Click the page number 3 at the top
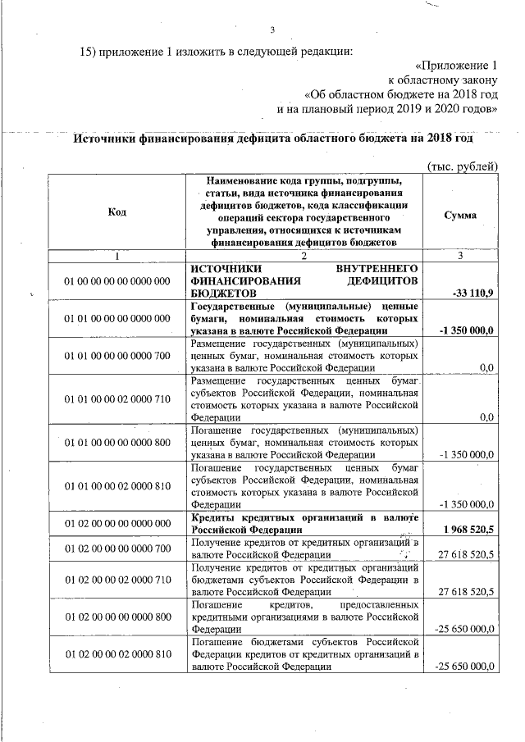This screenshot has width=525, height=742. coord(272,32)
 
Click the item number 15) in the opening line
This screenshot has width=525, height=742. coord(89,52)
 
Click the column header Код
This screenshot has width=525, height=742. coord(116,212)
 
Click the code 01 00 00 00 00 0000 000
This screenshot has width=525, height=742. coord(116,281)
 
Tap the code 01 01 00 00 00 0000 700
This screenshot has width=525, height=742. coord(116,355)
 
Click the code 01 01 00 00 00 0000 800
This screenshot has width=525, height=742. coord(116,442)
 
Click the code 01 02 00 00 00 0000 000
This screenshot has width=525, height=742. coord(116,523)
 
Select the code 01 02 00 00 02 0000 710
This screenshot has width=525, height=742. coord(116,580)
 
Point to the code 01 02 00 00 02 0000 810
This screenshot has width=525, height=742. coord(116,654)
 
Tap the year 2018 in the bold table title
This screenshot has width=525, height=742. coord(440,139)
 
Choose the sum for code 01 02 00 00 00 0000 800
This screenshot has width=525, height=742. coord(467,629)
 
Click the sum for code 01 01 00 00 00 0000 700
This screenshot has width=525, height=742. coord(486,366)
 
